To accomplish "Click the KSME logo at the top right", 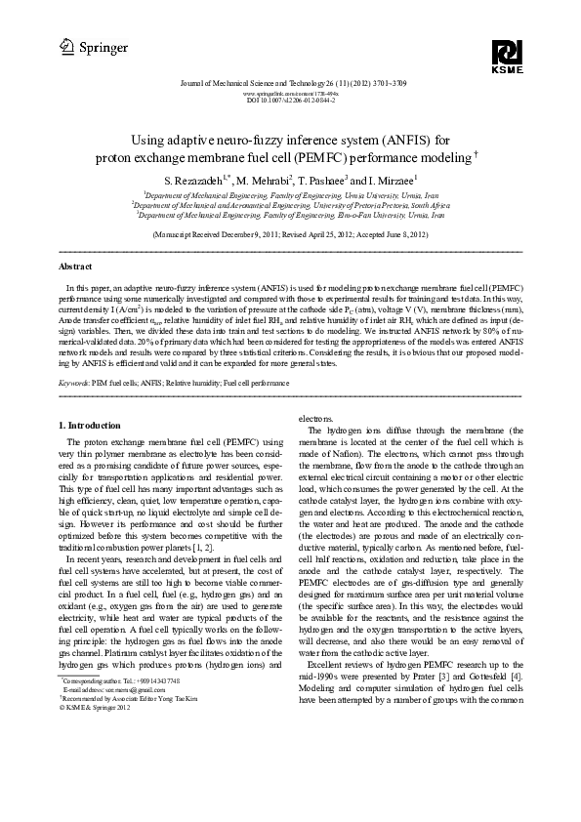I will point(508,57).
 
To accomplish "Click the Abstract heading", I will point(76,266).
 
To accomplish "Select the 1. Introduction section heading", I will point(90,426).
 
